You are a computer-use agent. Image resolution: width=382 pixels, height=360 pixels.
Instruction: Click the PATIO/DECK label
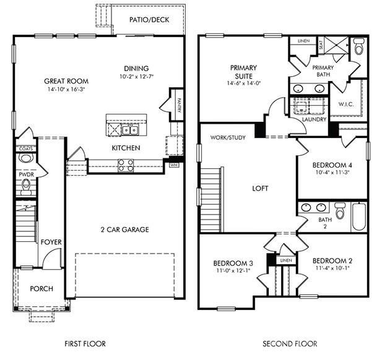pos(146,20)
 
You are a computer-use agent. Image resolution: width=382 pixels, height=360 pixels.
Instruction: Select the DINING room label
pos(136,69)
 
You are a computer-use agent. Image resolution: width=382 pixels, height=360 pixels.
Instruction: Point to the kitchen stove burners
pos(126,165)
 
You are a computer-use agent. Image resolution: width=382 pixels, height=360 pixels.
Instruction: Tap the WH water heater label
pos(174,165)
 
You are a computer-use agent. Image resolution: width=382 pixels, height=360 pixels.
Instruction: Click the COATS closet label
pos(25,148)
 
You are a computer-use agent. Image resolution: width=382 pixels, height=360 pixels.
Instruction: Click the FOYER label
pos(51,241)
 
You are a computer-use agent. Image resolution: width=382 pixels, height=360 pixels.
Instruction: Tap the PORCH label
pos(41,289)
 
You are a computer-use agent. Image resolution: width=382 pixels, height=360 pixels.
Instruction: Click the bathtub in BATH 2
pos(358,216)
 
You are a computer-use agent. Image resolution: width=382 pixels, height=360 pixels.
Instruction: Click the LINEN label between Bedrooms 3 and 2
pos(285,261)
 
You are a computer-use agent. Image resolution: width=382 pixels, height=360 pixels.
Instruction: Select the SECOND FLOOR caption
pos(290,344)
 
